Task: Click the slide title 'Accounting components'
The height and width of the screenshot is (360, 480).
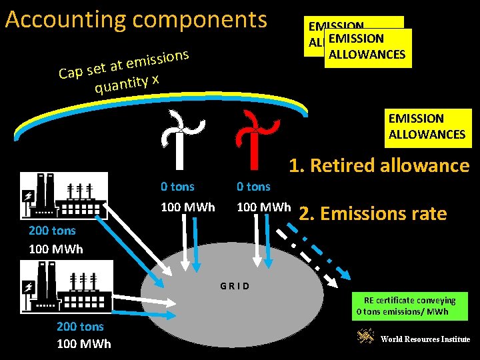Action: pyautogui.click(x=136, y=20)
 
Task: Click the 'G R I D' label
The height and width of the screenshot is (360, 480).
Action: pyautogui.click(x=235, y=286)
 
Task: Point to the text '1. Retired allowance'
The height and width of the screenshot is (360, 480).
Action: pyautogui.click(x=379, y=165)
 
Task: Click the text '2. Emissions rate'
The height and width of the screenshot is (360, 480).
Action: pyautogui.click(x=373, y=213)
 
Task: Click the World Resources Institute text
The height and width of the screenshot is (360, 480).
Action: pyautogui.click(x=425, y=339)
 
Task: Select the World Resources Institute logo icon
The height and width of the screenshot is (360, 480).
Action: pyautogui.click(x=365, y=337)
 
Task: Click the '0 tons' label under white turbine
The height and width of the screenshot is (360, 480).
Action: pyautogui.click(x=178, y=187)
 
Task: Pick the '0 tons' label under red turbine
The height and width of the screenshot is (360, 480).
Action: pyautogui.click(x=254, y=187)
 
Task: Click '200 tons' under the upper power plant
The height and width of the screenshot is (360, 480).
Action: pyautogui.click(x=52, y=231)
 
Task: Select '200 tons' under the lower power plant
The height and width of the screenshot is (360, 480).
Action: pyautogui.click(x=80, y=326)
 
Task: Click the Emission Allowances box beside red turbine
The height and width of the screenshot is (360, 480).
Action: pyautogui.click(x=427, y=127)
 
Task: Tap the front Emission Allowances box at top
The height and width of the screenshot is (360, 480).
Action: pyautogui.click(x=367, y=47)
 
